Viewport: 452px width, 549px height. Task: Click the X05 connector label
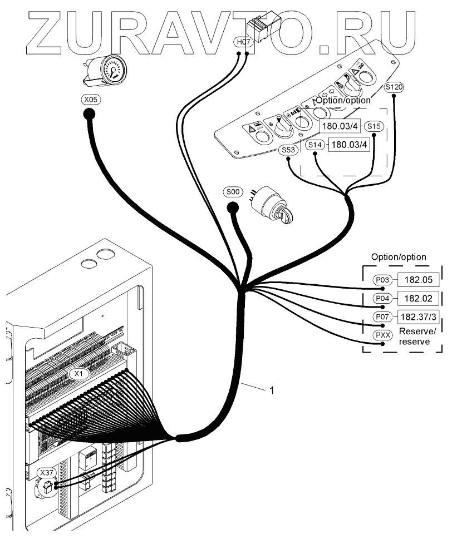89,101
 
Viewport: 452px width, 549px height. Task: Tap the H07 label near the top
244,42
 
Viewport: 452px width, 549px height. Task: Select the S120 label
394,87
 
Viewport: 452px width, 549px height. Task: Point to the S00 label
233,192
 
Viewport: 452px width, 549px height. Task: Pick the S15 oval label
374,127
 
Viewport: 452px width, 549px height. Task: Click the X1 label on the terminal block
80,374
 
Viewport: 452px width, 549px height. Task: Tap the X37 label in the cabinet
46,472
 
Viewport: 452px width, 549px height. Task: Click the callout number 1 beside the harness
272,391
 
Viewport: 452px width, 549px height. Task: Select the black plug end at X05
89,115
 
